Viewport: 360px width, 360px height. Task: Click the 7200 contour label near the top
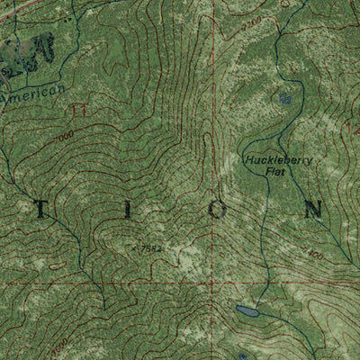253,19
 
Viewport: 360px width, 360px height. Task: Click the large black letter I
127,209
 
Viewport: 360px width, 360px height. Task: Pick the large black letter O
219,209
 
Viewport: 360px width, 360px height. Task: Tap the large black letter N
312,209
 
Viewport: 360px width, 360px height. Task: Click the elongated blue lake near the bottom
245,311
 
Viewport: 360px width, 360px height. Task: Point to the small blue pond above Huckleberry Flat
286,97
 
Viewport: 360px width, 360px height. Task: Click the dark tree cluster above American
27,49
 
